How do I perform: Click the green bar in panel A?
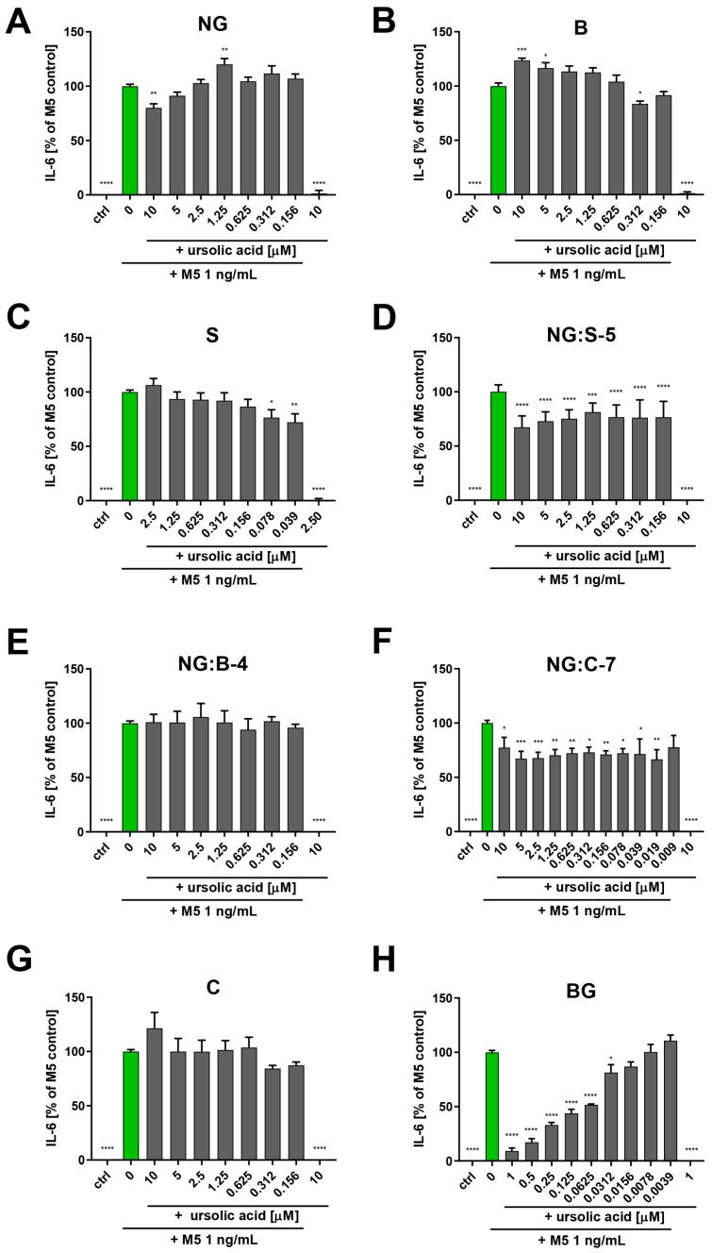[x=130, y=140]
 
